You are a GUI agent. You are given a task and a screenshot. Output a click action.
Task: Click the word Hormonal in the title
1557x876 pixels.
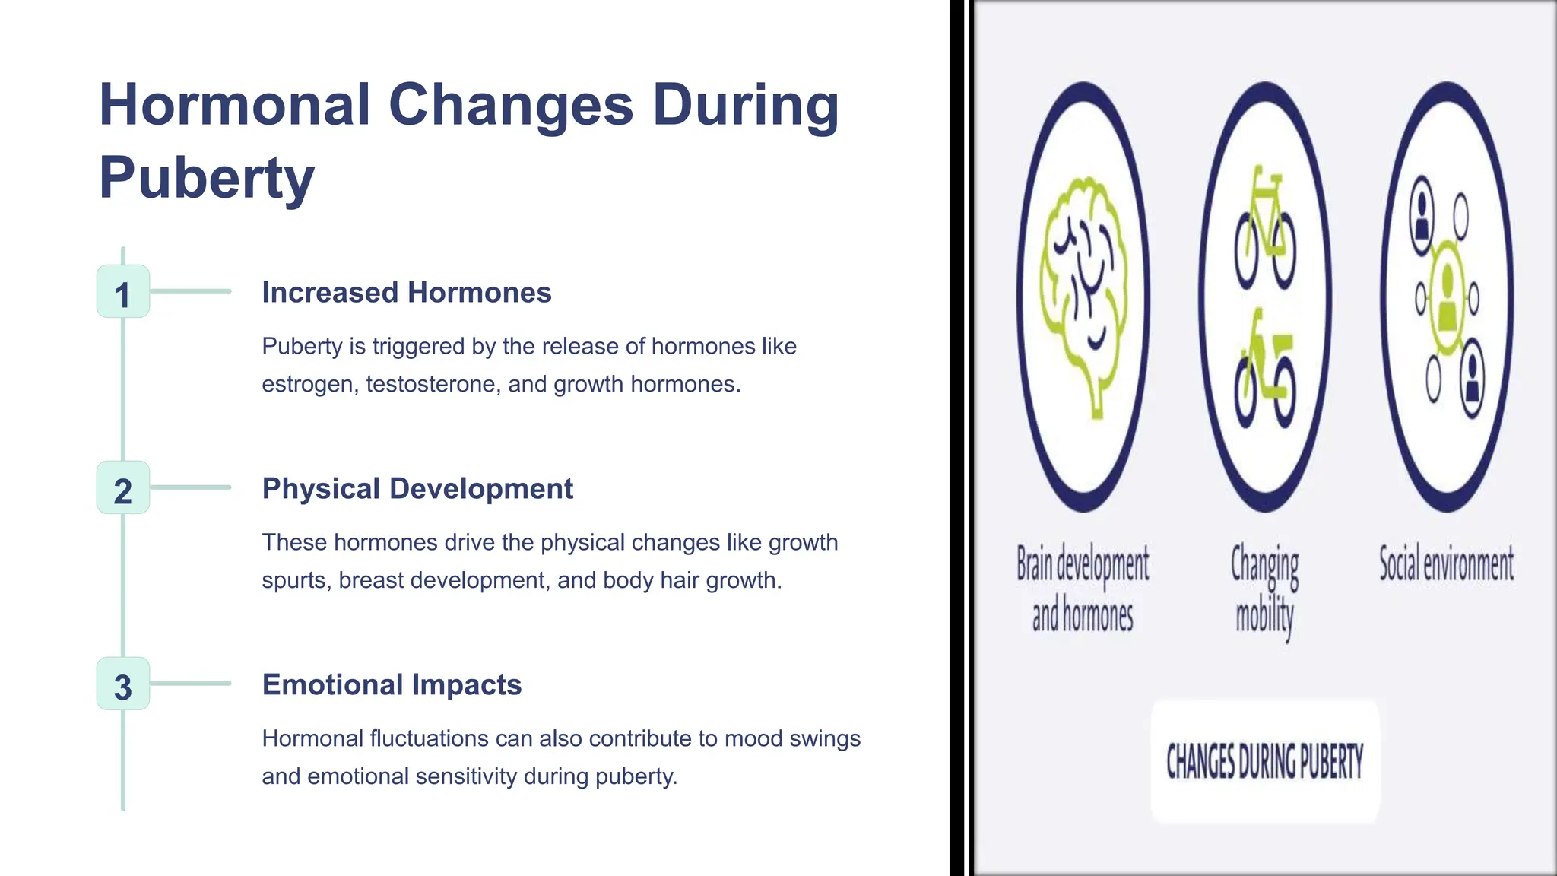pyautogui.click(x=234, y=105)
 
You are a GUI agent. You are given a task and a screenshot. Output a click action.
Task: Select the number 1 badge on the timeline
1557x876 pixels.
pyautogui.click(x=123, y=292)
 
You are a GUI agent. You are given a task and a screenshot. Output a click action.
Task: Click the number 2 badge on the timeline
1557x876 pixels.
pyautogui.click(x=123, y=488)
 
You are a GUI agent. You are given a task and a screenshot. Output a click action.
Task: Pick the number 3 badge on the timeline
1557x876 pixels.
pyautogui.click(x=123, y=684)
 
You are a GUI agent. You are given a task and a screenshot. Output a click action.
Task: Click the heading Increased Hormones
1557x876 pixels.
pyautogui.click(x=406, y=293)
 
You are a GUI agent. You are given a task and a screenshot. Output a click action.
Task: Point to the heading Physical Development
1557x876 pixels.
pyautogui.click(x=417, y=489)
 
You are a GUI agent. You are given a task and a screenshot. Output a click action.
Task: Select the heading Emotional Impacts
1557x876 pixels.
pyautogui.click(x=392, y=685)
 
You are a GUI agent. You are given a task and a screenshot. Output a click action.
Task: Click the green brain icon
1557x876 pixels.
pyautogui.click(x=1083, y=293)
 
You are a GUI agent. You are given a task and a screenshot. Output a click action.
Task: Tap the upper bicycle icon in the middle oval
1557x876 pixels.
pyautogui.click(x=1265, y=228)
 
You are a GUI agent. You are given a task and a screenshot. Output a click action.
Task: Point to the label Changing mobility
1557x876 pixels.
pyautogui.click(x=1264, y=589)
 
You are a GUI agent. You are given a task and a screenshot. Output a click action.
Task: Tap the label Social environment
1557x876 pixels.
pyautogui.click(x=1446, y=565)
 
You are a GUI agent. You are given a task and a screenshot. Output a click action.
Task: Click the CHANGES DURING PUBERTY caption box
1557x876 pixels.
pyautogui.click(x=1264, y=761)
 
